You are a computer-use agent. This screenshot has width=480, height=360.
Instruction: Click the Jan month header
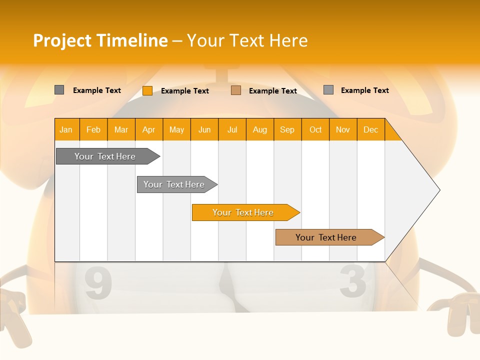click(x=66, y=129)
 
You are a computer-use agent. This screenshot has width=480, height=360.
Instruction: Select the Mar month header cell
click(x=121, y=129)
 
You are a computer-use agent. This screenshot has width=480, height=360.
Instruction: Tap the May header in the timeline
click(x=176, y=129)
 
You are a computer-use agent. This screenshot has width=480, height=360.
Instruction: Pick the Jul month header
click(x=232, y=129)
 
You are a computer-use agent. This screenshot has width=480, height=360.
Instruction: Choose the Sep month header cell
click(x=287, y=129)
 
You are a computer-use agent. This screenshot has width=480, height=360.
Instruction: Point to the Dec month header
click(x=370, y=129)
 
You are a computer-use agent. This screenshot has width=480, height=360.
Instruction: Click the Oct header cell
click(x=315, y=129)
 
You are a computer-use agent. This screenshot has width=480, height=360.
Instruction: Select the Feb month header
click(x=93, y=129)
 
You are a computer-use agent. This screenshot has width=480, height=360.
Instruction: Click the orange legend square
click(x=147, y=90)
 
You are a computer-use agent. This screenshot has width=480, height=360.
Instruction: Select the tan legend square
click(x=236, y=90)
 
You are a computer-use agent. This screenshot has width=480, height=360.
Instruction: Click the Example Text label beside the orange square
click(x=185, y=91)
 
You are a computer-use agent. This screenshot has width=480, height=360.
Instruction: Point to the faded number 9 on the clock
click(x=98, y=283)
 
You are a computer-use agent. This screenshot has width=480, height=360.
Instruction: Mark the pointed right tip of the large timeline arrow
click(x=439, y=190)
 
